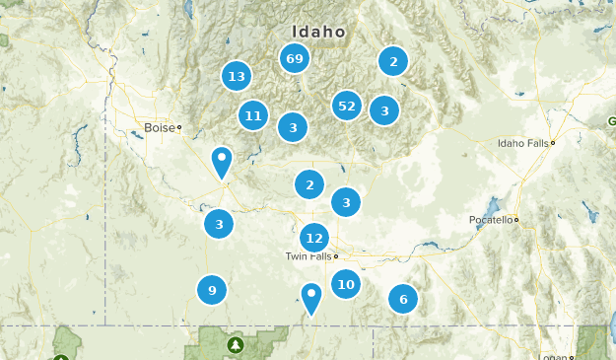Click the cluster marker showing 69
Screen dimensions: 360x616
[x=295, y=59]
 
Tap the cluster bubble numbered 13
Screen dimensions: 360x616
[x=236, y=76]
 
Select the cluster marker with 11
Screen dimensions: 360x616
[x=253, y=116]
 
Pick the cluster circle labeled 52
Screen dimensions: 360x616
[x=346, y=106]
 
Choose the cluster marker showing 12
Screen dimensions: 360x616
[x=314, y=238]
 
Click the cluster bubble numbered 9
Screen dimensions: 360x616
[x=212, y=290]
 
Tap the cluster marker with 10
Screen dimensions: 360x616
[x=345, y=285]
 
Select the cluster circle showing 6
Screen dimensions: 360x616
[x=402, y=299]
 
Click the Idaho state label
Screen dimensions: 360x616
[x=318, y=32]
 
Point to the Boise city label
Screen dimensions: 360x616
[x=159, y=127]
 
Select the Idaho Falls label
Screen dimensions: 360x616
[x=523, y=143]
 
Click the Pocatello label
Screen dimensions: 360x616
[x=490, y=220]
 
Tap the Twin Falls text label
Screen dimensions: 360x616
[x=308, y=256]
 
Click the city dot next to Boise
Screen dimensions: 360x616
[x=179, y=127]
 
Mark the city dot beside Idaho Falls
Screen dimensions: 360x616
[x=554, y=143]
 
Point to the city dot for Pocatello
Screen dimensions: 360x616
[x=515, y=220]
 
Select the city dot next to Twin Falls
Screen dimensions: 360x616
[x=336, y=256]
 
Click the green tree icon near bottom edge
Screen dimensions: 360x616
[x=235, y=345]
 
